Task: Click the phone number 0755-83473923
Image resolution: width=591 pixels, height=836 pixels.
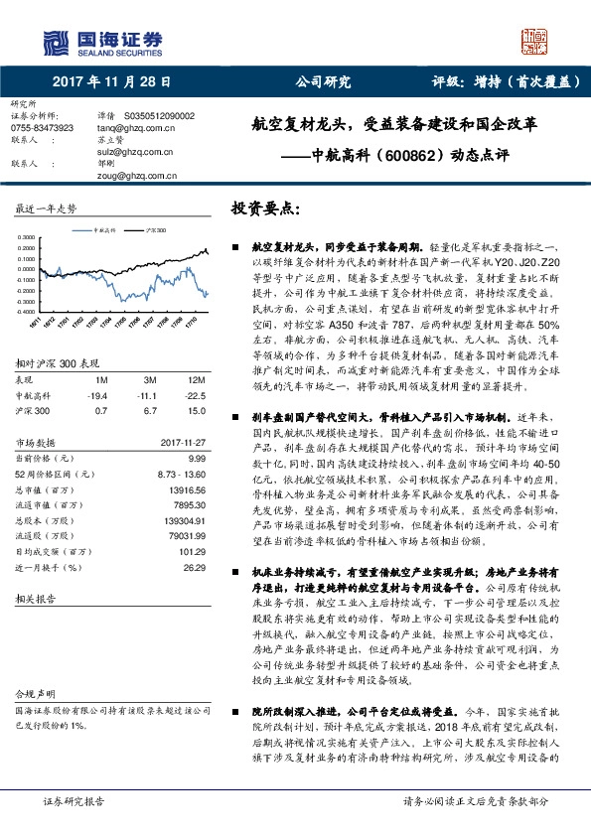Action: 41,128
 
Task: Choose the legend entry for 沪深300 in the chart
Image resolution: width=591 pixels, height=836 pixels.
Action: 154,228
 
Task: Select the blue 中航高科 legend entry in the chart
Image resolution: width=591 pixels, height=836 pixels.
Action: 103,228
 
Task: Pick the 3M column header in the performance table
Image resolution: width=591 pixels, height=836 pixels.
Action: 150,379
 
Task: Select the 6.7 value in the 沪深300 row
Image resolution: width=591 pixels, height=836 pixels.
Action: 150,408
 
